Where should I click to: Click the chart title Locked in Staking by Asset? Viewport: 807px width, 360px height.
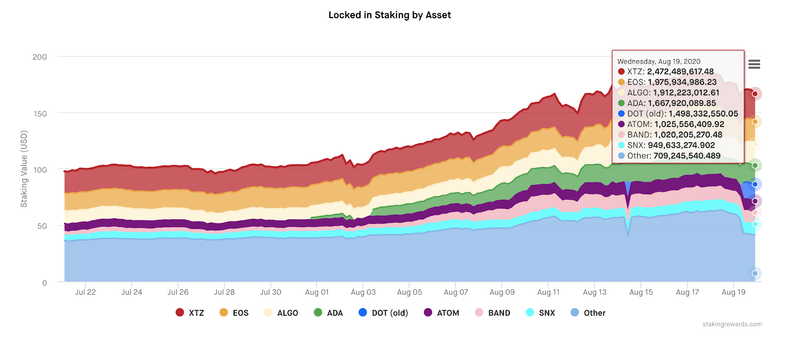(x=389, y=15)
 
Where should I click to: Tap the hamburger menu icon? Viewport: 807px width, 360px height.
(x=754, y=64)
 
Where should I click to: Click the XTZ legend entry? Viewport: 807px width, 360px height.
(x=190, y=313)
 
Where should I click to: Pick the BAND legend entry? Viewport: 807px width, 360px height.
(x=493, y=313)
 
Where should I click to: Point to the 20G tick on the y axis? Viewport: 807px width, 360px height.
(x=40, y=57)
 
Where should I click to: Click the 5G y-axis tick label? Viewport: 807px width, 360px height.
(x=42, y=226)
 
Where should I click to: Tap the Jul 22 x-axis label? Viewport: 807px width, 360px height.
(x=85, y=292)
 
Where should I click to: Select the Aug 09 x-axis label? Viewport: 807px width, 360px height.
(x=502, y=292)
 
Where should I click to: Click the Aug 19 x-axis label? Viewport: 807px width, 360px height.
(x=733, y=292)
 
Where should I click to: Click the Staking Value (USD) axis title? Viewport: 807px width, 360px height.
(x=24, y=169)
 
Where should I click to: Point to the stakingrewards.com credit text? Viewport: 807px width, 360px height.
(x=732, y=324)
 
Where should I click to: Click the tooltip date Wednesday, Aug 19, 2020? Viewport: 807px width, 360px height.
(x=659, y=62)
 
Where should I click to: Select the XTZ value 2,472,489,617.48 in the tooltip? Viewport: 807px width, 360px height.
(x=680, y=72)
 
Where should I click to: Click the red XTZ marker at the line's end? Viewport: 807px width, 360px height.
(x=755, y=94)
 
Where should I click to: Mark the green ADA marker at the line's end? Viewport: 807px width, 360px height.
(x=755, y=165)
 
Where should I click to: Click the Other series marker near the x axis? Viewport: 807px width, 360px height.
(x=755, y=273)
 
